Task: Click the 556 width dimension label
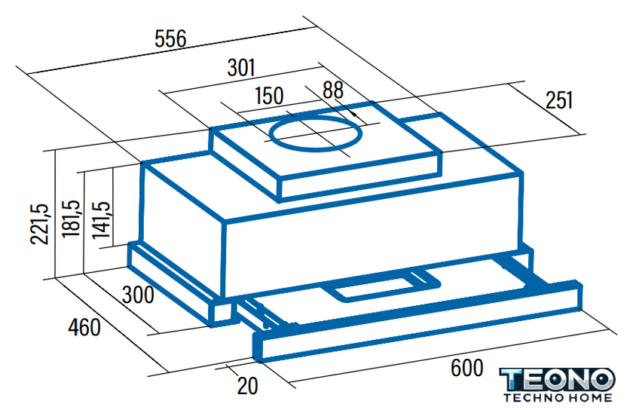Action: (171, 39)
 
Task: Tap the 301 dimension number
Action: (241, 68)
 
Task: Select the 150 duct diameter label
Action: (269, 96)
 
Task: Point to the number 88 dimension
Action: (333, 90)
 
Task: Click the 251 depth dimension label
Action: (559, 99)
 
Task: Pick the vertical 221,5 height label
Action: (40, 224)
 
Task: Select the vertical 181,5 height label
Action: (71, 219)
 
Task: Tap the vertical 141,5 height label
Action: (100, 219)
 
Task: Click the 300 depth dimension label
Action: (138, 295)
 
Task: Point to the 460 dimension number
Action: (84, 327)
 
